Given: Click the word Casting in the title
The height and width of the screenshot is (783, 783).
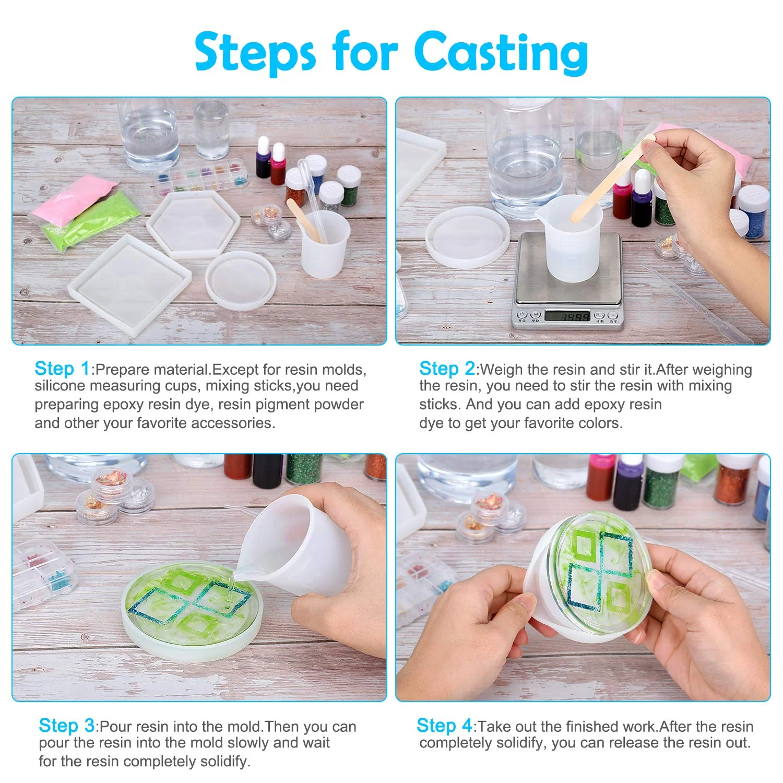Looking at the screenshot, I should pyautogui.click(x=501, y=52).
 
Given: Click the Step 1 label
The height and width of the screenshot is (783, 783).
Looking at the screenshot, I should pyautogui.click(x=62, y=369).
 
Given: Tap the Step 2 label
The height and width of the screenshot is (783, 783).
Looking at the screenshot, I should pyautogui.click(x=447, y=369).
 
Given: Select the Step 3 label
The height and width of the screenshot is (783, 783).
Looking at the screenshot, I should pyautogui.click(x=66, y=726).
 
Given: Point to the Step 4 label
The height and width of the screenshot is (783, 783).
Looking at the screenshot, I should pyautogui.click(x=444, y=726).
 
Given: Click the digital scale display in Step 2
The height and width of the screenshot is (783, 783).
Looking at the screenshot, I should pyautogui.click(x=567, y=315).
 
